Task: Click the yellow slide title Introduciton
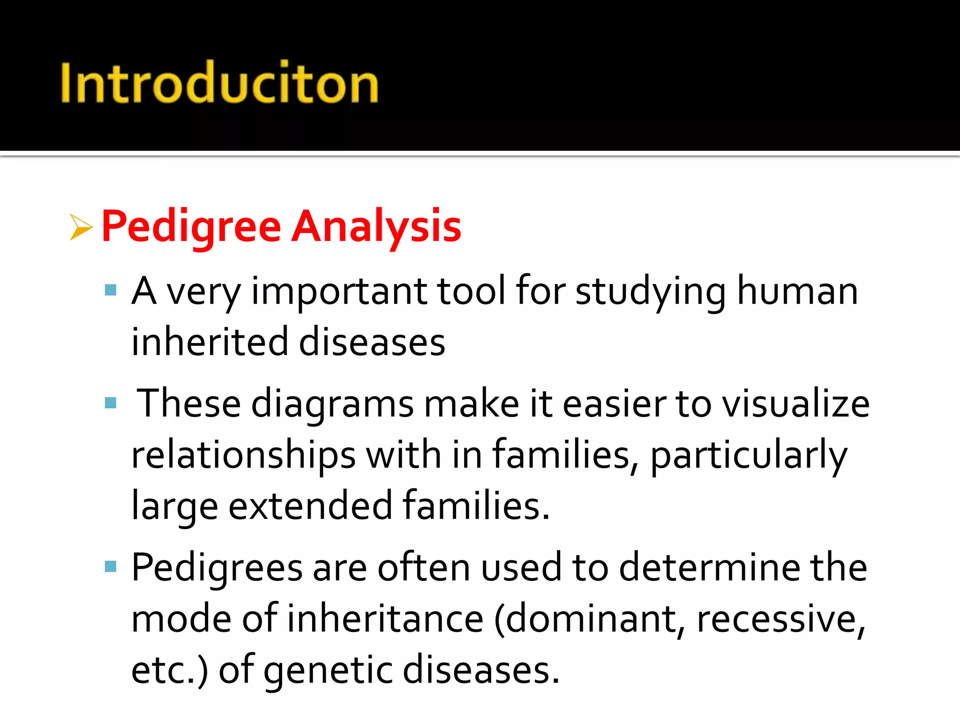coord(219,82)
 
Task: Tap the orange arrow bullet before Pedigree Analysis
coord(81,227)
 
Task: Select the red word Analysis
coord(376,227)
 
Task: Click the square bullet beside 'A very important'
coord(111,290)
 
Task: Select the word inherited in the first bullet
coord(209,342)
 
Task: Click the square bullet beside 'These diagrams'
coord(111,403)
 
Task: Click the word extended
coord(310,506)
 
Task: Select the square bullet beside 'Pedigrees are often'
coord(111,567)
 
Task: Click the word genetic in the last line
coord(328,670)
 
